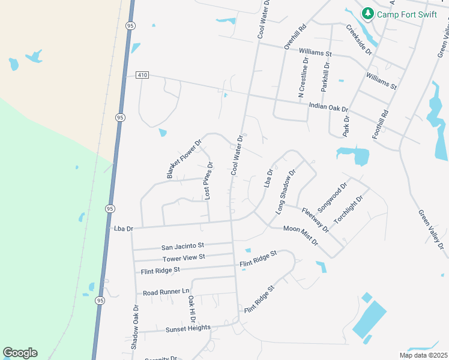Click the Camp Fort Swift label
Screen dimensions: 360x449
(407, 14)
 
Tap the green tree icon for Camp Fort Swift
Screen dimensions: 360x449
(367, 13)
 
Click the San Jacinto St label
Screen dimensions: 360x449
(183, 246)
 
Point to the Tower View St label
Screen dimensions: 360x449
(184, 257)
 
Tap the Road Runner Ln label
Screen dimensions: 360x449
(166, 292)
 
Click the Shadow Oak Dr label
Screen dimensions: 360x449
(135, 327)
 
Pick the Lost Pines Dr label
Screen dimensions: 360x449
(208, 181)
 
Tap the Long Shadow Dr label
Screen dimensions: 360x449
(286, 192)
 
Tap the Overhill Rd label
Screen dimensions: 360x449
(295, 36)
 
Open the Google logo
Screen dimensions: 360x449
(20, 353)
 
